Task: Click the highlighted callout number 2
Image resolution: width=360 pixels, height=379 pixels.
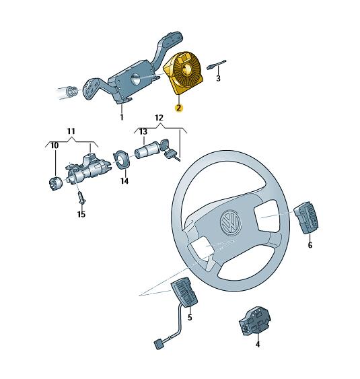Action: click(179, 108)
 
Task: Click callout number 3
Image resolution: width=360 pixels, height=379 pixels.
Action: click(218, 78)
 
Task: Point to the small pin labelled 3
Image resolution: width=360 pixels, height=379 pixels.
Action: click(216, 65)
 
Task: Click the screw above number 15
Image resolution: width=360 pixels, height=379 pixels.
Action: click(82, 197)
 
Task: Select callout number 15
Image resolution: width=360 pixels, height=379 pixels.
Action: click(81, 214)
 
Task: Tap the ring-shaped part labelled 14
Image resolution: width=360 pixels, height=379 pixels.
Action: click(122, 159)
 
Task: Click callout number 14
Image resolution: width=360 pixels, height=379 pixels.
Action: click(124, 181)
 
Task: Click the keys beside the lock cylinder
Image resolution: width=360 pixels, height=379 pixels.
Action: click(170, 149)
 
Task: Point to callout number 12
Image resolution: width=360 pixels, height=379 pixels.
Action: click(159, 118)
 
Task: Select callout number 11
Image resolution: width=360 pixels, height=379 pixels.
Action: click(71, 131)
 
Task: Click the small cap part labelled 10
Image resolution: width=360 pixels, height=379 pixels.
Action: click(56, 184)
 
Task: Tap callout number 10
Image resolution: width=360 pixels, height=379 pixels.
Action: click(55, 145)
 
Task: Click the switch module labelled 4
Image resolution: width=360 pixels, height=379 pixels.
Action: click(254, 322)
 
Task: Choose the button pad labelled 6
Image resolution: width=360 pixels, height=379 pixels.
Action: click(306, 218)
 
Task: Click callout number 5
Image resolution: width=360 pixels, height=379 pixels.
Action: click(190, 317)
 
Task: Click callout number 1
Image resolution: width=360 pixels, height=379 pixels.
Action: click(122, 117)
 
